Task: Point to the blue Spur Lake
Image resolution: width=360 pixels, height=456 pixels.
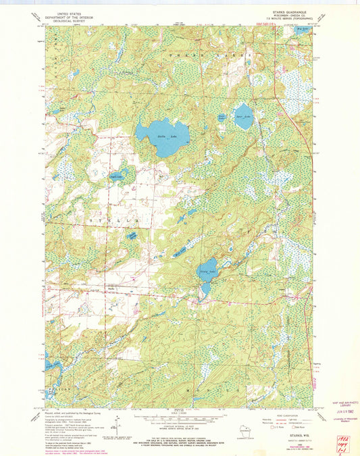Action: coord(243,116)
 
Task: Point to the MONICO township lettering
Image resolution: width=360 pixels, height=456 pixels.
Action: coord(203,390)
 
